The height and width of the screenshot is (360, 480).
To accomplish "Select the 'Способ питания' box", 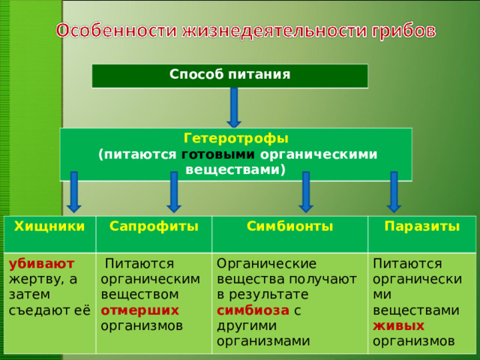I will tap(229, 75).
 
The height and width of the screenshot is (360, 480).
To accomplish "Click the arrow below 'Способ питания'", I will tap(234, 107).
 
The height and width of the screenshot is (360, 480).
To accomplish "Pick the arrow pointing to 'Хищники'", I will tap(73, 191).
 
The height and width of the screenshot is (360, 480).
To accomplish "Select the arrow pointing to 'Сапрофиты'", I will tap(173, 191).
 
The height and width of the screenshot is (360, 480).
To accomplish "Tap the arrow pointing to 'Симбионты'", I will tap(305, 191).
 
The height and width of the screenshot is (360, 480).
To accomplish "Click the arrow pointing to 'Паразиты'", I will tap(394, 191).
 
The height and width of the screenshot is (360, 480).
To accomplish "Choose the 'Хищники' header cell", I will tap(49, 226).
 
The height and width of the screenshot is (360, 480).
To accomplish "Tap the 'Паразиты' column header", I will tap(421, 226).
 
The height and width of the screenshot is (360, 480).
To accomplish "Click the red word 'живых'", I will tap(398, 325).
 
